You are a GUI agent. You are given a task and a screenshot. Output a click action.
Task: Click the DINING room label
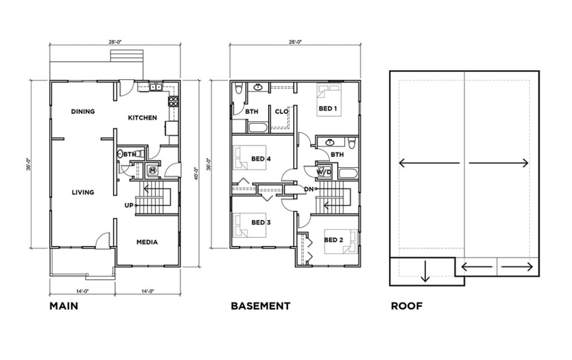(83, 111)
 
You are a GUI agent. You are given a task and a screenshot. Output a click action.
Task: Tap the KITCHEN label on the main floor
(142, 117)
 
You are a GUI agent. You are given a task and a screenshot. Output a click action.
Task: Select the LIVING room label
(83, 192)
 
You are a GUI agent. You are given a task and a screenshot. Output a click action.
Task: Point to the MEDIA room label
(147, 242)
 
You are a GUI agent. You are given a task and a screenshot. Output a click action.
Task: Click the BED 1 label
(327, 108)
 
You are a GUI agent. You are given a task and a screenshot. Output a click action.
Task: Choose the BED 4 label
(261, 159)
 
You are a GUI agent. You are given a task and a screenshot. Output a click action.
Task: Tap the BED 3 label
(261, 222)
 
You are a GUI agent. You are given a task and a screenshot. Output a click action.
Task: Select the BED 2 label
(333, 240)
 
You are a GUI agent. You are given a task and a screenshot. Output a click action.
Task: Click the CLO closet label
(282, 111)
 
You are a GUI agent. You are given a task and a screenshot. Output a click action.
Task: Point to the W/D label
(324, 172)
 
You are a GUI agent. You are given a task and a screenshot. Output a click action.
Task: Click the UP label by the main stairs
(129, 206)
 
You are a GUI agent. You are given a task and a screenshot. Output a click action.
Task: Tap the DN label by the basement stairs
(308, 189)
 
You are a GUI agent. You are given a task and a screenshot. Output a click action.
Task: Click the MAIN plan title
(64, 306)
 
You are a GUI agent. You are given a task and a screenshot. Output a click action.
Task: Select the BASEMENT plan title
(260, 306)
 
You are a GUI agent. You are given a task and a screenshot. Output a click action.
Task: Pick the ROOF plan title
(407, 306)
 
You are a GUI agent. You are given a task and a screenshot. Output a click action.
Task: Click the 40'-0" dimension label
(196, 174)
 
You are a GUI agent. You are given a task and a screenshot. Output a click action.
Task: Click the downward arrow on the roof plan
(425, 271)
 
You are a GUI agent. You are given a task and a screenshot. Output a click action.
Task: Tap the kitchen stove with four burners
(173, 102)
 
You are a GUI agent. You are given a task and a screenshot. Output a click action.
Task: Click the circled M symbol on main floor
(152, 170)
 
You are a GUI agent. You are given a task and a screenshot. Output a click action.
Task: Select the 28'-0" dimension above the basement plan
(295, 41)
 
